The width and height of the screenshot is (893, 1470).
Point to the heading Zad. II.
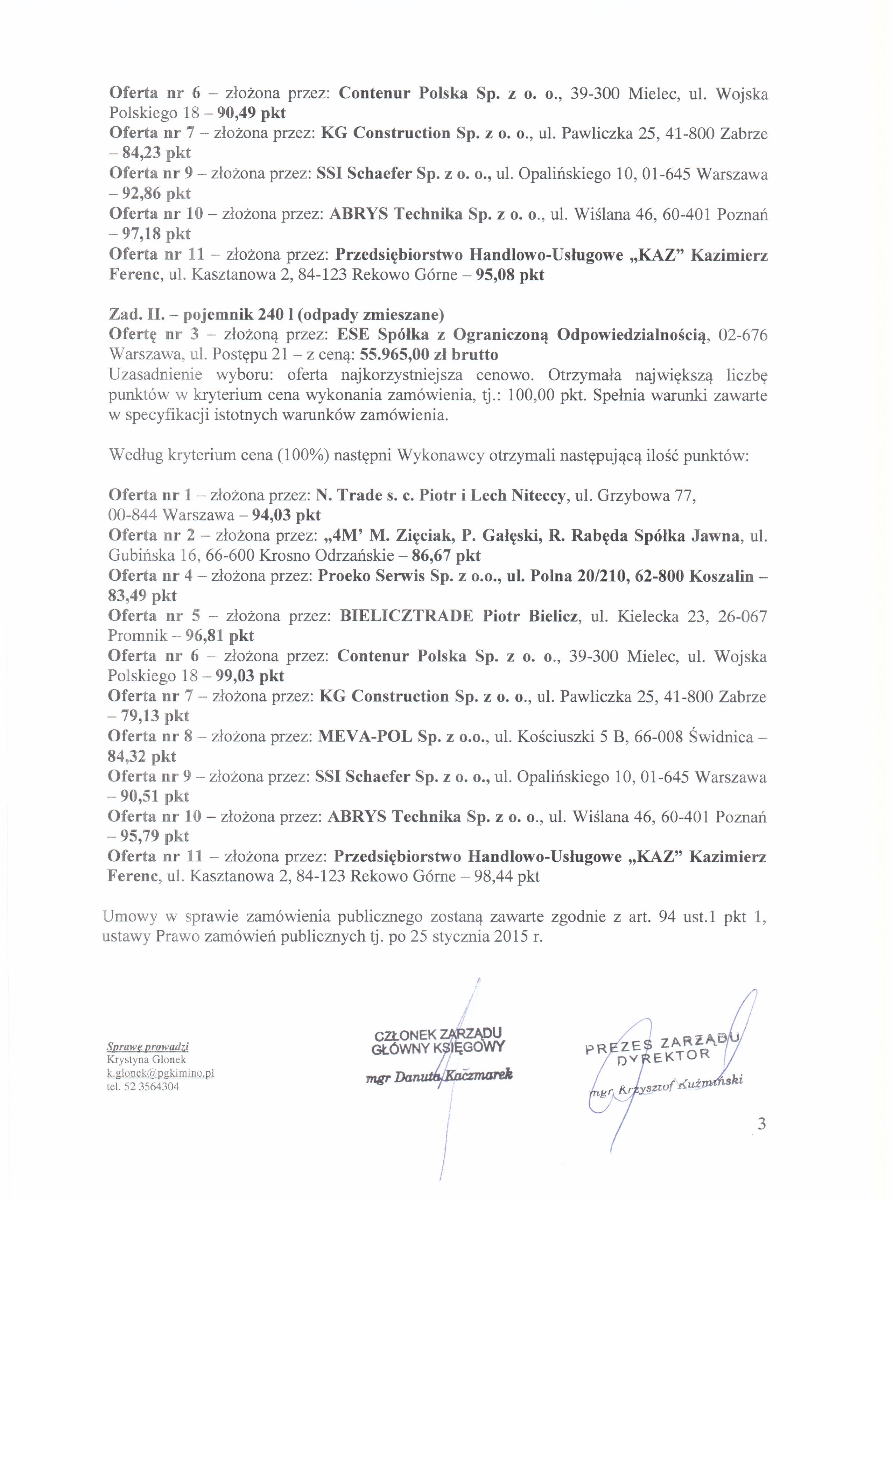132,314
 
